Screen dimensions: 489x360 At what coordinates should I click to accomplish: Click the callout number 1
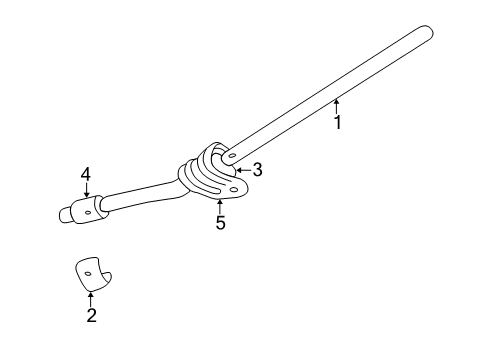[337, 123]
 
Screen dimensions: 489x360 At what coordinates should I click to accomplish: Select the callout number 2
[91, 316]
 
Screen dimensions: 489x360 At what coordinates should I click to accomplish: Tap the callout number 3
[257, 170]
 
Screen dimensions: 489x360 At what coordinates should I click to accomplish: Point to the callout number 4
[86, 174]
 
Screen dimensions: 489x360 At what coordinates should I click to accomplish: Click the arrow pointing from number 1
[336, 104]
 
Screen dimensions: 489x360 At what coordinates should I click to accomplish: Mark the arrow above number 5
[219, 205]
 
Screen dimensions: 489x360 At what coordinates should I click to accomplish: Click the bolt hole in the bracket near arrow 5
[234, 187]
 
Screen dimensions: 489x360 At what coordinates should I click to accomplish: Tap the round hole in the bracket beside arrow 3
[231, 156]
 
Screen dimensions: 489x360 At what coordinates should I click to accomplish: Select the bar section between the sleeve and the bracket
[140, 198]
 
